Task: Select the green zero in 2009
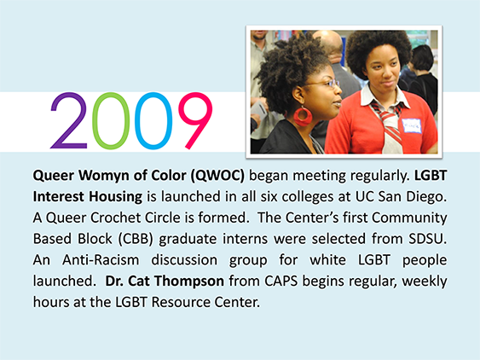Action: pyautogui.click(x=111, y=121)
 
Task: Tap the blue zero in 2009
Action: pyautogui.click(x=153, y=121)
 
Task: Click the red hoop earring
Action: pyautogui.click(x=303, y=116)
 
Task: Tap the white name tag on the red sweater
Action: pyautogui.click(x=411, y=126)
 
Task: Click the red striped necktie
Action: pyautogui.click(x=388, y=123)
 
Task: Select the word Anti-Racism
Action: pyautogui.click(x=101, y=260)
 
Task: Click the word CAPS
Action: pyautogui.click(x=281, y=282)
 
